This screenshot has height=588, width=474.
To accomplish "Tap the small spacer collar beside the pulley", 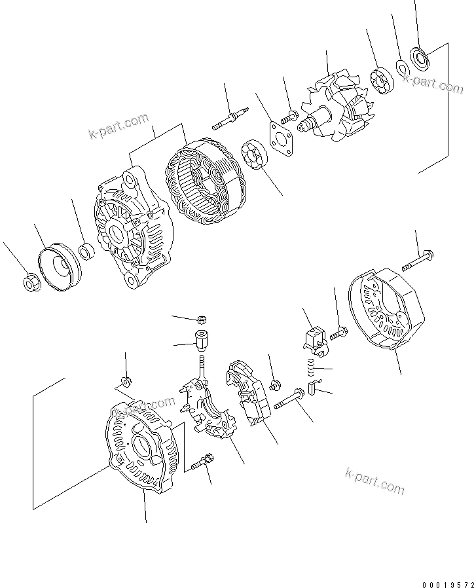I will click(86, 250).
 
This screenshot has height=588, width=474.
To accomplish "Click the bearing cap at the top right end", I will click(418, 58).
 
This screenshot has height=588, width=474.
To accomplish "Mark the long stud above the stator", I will click(228, 119).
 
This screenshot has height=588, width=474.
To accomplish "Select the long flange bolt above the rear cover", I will click(416, 260).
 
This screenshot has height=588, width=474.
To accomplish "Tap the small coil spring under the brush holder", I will click(312, 370).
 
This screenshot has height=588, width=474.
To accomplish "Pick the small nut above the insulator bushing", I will click(202, 320).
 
